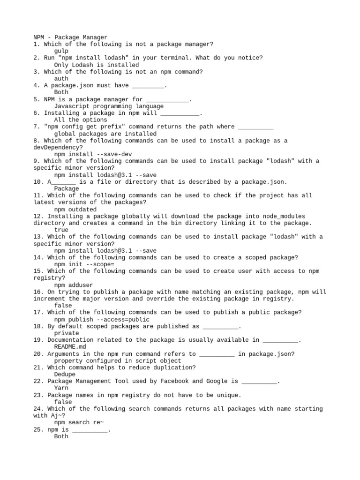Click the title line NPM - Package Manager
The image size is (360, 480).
point(70,37)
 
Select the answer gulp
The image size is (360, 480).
point(61,51)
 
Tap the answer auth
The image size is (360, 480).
point(61,79)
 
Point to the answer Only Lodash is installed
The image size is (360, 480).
point(97,65)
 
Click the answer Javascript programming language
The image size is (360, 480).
point(109,106)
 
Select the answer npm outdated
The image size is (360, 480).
point(75,209)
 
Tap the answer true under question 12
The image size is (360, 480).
point(61,230)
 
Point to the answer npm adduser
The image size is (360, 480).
point(74,285)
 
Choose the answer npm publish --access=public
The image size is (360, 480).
point(102,320)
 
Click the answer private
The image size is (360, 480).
point(67,333)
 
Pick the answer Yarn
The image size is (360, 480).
point(61,388)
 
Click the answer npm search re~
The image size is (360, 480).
point(79,422)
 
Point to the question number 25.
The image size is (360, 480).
point(38,429)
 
